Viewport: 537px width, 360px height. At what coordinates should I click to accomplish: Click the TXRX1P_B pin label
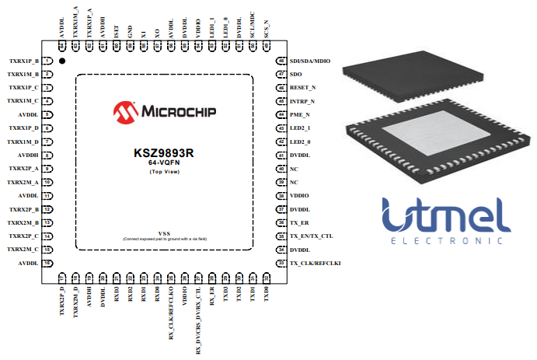click(23, 61)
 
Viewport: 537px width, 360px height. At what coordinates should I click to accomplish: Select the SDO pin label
click(295, 75)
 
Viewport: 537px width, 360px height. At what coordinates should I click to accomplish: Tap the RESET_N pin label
click(302, 88)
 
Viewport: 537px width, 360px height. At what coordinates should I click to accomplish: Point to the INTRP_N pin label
click(302, 101)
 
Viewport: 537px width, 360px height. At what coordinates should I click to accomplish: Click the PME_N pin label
click(299, 115)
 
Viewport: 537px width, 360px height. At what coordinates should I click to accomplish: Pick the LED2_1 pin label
click(300, 128)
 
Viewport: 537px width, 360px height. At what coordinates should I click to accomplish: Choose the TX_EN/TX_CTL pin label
click(311, 236)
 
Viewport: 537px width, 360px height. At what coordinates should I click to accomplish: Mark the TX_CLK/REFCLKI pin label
click(315, 264)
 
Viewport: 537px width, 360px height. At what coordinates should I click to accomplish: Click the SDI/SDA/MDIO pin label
click(309, 61)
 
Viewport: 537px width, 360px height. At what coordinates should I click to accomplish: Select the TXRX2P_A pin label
click(23, 169)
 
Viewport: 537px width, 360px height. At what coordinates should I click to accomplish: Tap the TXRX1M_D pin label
click(23, 142)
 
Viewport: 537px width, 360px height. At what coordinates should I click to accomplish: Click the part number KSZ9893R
click(163, 153)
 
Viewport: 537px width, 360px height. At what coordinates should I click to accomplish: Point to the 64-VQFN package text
click(163, 163)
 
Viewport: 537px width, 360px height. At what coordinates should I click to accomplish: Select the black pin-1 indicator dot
click(61, 61)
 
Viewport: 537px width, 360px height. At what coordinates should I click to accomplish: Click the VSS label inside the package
click(164, 233)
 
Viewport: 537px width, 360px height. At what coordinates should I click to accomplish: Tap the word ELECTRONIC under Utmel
click(446, 242)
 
